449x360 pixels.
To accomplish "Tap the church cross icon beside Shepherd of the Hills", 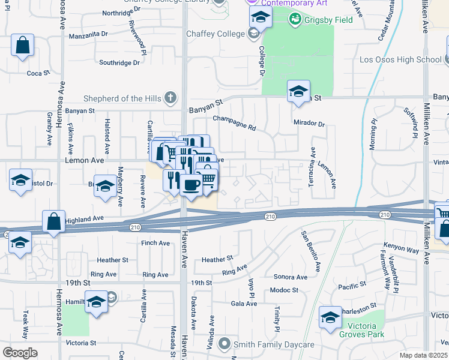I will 170,97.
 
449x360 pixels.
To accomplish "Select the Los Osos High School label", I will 400,59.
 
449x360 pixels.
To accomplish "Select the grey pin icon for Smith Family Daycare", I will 224,344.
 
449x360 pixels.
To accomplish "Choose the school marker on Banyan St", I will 298,91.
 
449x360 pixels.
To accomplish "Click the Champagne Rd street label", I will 234,123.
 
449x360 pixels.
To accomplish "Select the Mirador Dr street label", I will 309,124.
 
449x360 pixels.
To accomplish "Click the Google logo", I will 20,353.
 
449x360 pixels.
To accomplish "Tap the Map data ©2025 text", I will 423,356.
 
